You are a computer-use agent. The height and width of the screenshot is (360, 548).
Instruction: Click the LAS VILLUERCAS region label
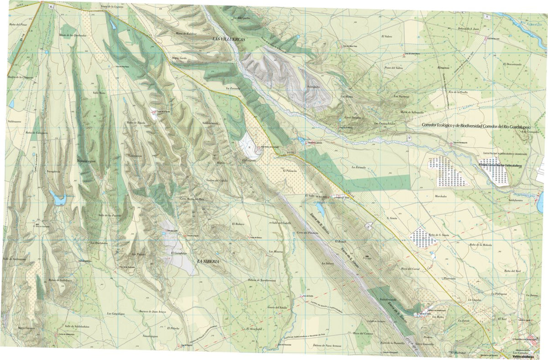[x=229, y=40]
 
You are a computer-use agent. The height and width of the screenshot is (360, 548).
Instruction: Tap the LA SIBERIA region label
[x=208, y=261]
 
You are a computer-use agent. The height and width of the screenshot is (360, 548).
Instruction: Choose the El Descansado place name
[x=512, y=64]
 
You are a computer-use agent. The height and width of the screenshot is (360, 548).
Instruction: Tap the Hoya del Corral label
[x=410, y=269]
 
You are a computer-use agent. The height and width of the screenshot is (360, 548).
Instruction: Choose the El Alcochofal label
[x=253, y=329]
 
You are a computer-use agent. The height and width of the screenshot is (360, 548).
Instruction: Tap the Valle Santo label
[x=99, y=93]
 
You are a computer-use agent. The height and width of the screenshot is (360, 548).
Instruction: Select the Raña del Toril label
[x=512, y=271]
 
